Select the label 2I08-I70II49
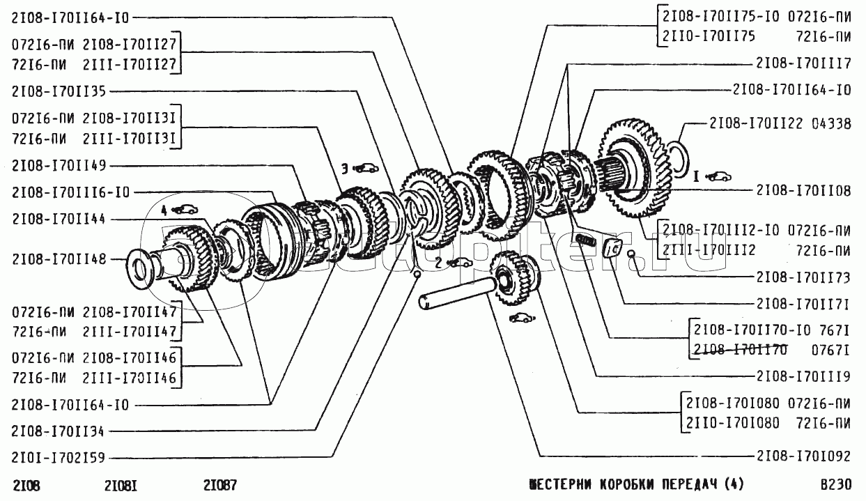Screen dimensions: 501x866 point(60,165)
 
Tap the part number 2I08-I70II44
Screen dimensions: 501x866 point(60,219)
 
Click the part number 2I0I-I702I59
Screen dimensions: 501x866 point(60,459)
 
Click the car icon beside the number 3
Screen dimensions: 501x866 point(366,168)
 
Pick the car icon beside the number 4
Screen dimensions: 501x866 point(185,208)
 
